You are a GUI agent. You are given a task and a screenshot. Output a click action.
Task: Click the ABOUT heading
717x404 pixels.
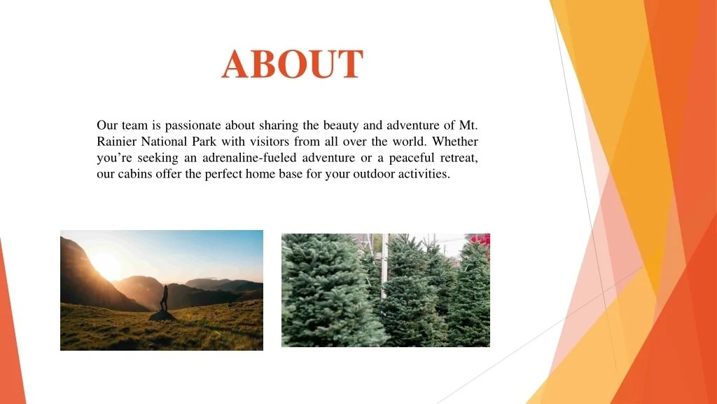[293, 65]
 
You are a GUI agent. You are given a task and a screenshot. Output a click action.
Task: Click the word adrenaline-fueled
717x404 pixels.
[255, 158]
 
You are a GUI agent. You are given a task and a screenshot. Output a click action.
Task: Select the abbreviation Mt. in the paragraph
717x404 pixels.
[468, 126]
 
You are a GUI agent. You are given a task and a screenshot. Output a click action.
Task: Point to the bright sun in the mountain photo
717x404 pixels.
[106, 264]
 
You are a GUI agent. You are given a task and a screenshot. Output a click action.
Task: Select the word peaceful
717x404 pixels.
[407, 158]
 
